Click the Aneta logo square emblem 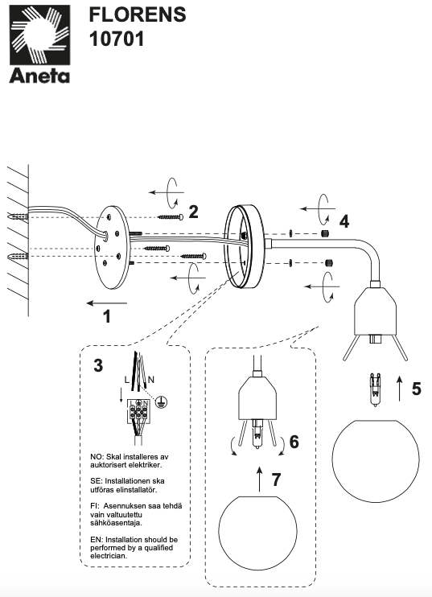(39, 35)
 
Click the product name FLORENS (138, 14)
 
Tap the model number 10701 (117, 39)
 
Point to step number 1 (107, 316)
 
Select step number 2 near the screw (193, 212)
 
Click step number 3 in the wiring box (98, 365)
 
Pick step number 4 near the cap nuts (344, 221)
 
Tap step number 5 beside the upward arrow (417, 389)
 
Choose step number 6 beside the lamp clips (294, 442)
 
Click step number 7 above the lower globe (276, 479)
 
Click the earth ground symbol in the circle (163, 401)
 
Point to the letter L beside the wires (127, 380)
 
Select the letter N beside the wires (151, 380)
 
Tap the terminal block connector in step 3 (138, 411)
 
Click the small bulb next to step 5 (376, 390)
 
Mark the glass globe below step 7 (257, 531)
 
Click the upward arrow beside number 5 (400, 388)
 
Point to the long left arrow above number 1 (107, 303)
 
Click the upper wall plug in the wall (18, 217)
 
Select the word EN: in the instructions (97, 540)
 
